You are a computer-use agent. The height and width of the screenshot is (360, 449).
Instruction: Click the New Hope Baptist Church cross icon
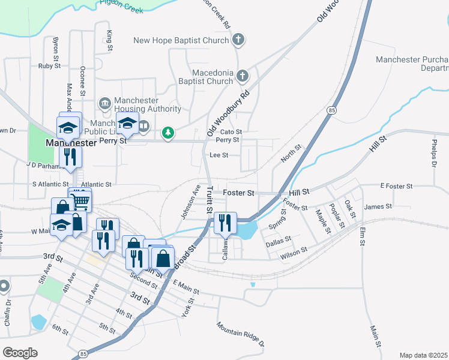pos(239,41)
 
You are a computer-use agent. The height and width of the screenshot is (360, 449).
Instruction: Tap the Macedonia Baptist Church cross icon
pos(243,76)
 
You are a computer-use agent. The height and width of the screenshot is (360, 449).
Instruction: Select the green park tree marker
pos(169,133)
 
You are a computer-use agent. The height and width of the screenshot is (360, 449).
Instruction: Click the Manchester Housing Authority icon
pos(105,104)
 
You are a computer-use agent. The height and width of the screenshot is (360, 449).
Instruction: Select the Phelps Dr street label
pos(433,154)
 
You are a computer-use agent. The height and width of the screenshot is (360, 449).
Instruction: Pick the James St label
pos(378,206)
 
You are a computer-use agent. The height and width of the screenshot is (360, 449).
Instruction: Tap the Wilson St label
pos(294,254)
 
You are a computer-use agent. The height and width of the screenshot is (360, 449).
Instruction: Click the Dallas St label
pos(278,239)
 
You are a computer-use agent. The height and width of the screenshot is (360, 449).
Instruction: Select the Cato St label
pos(231,131)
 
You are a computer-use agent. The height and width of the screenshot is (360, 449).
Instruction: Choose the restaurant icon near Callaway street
pos(225,223)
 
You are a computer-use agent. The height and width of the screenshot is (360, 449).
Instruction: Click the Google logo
pos(20,353)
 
